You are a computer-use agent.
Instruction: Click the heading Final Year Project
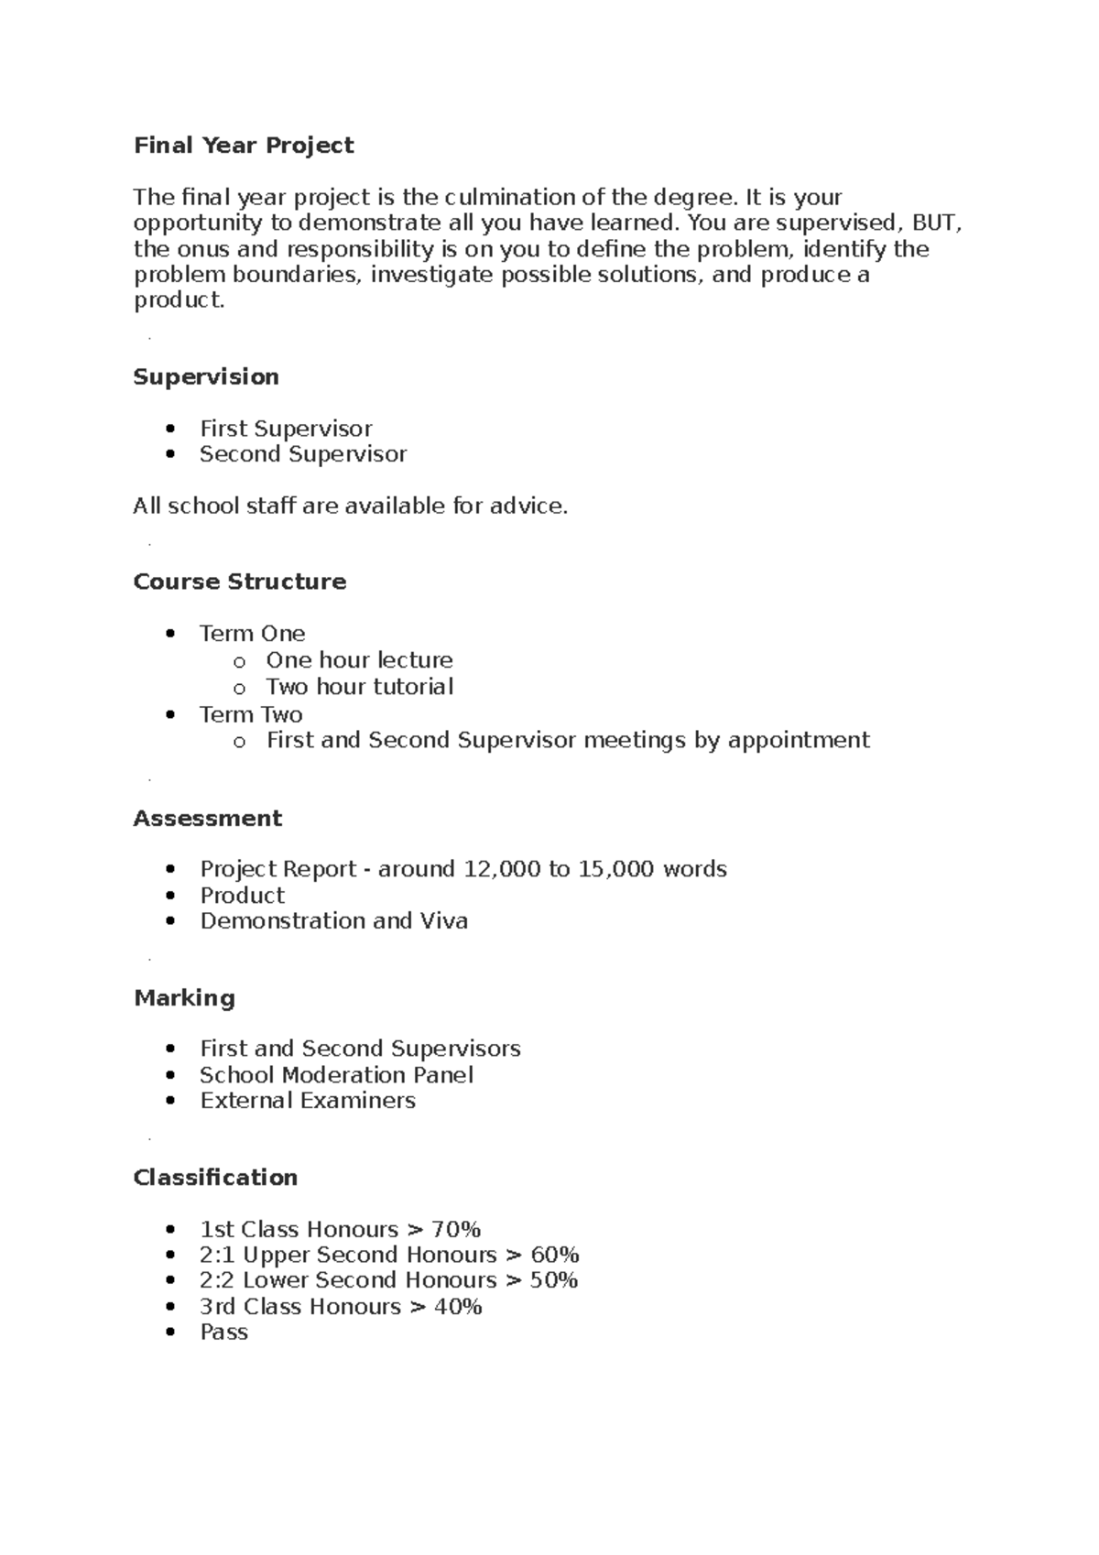[x=244, y=146]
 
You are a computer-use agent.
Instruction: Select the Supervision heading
[x=206, y=377]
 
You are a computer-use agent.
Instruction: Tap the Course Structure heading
[x=239, y=582]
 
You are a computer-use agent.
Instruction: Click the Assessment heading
[x=207, y=819]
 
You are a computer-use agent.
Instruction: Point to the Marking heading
[x=184, y=998]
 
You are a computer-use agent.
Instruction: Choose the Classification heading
[x=215, y=1178]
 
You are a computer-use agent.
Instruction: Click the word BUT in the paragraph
[x=935, y=223]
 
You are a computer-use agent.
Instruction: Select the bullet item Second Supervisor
[x=303, y=454]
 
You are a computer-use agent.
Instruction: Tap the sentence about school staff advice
[x=350, y=506]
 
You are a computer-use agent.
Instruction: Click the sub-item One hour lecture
[x=359, y=660]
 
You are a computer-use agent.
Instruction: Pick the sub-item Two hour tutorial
[x=359, y=687]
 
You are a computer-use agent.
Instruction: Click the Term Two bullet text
[x=251, y=714]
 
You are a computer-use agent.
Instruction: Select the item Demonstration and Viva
[x=333, y=921]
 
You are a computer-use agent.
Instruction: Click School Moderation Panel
[x=336, y=1075]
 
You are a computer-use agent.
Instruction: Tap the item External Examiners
[x=308, y=1101]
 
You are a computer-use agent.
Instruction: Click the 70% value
[x=456, y=1230]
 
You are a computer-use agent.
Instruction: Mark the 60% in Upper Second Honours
[x=555, y=1256]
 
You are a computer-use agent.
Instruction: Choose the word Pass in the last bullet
[x=223, y=1332]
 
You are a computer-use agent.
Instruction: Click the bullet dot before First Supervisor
[x=170, y=430]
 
